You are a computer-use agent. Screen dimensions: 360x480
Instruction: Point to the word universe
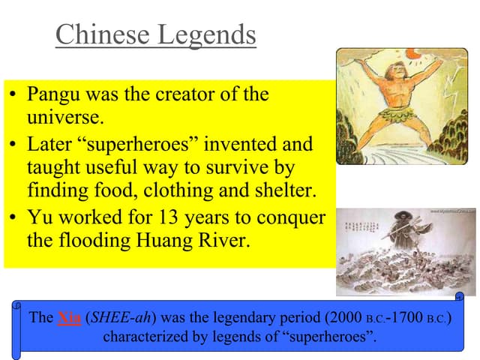(64, 118)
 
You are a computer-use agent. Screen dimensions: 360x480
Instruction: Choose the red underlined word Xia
(69, 317)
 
